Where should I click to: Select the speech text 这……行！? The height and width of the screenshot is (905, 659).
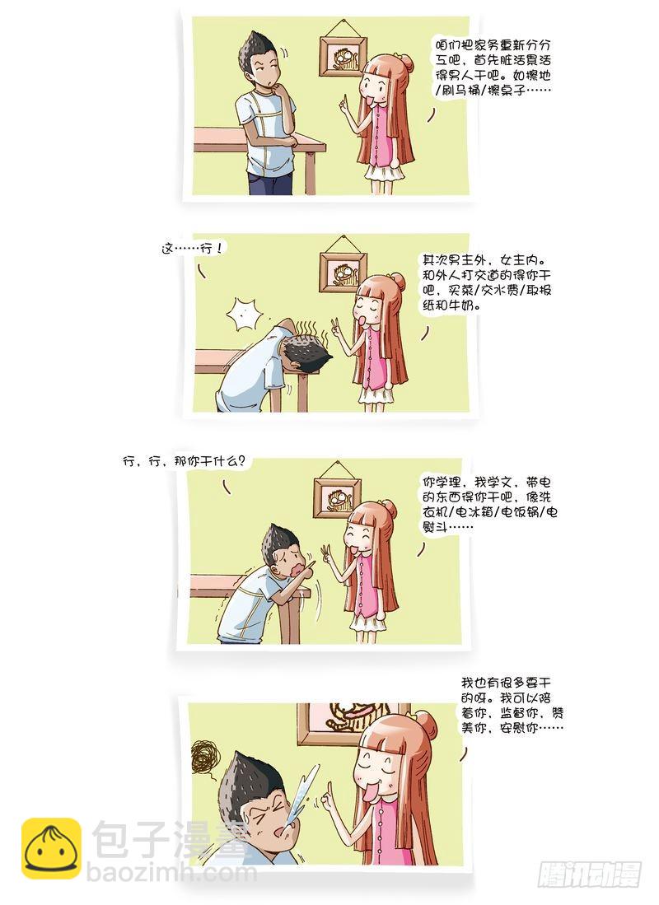point(191,249)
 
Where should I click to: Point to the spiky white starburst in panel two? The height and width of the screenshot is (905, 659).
point(246,315)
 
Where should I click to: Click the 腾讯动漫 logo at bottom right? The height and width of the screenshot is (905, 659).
point(589,875)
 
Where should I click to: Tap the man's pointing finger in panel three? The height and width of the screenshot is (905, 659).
point(311,563)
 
